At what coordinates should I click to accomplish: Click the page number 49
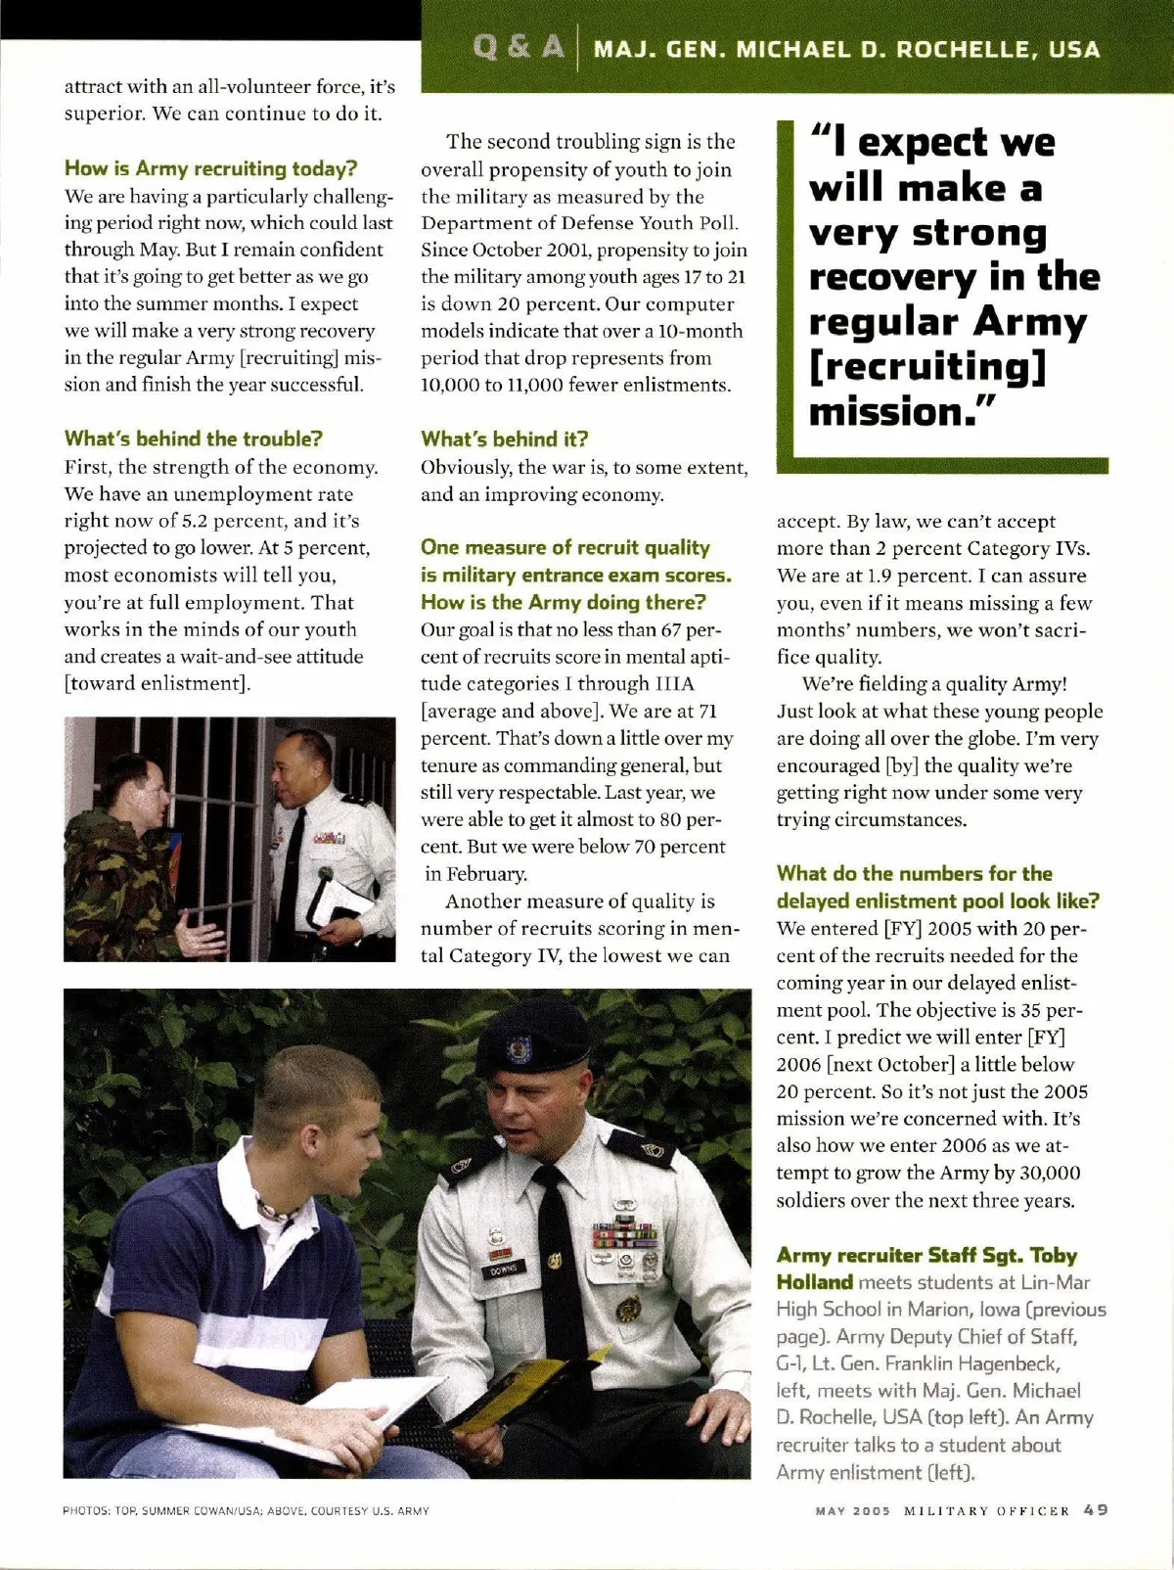pyautogui.click(x=1096, y=1509)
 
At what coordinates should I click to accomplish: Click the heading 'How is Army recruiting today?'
pyautogui.click(x=210, y=168)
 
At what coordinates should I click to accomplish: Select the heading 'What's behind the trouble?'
pyautogui.click(x=193, y=439)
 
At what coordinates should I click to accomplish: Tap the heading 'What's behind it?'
pyautogui.click(x=504, y=439)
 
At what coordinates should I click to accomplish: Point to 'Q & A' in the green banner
pyautogui.click(x=519, y=47)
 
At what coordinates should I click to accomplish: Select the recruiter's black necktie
pyautogui.click(x=561, y=1263)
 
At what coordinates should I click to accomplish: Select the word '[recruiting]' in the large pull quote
pyautogui.click(x=927, y=366)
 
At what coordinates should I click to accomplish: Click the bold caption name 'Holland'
pyautogui.click(x=814, y=1282)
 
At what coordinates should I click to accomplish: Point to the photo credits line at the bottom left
pyautogui.click(x=246, y=1510)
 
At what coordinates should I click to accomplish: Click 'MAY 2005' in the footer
pyautogui.click(x=853, y=1510)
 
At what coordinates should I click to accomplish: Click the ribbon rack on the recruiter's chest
pyautogui.click(x=623, y=1235)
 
